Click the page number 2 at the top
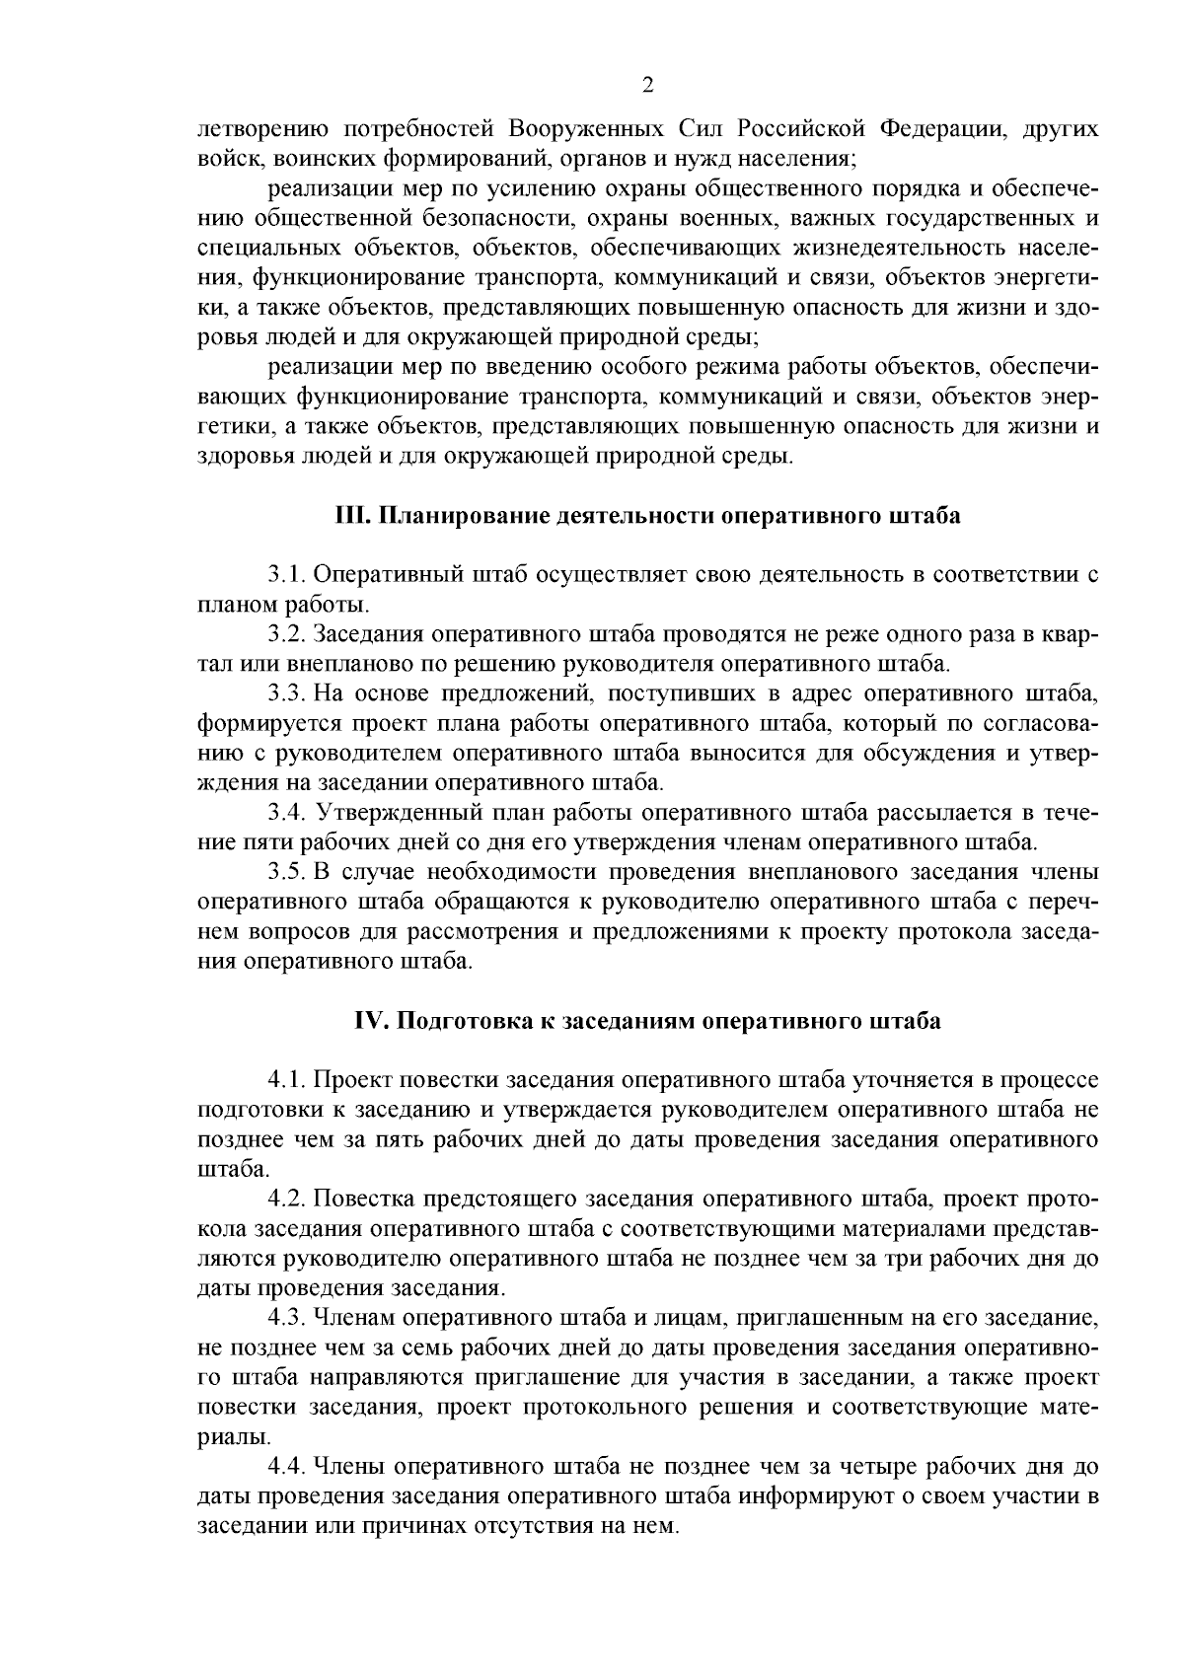(647, 86)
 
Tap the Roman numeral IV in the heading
(371, 1021)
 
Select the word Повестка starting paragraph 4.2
(366, 1200)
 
